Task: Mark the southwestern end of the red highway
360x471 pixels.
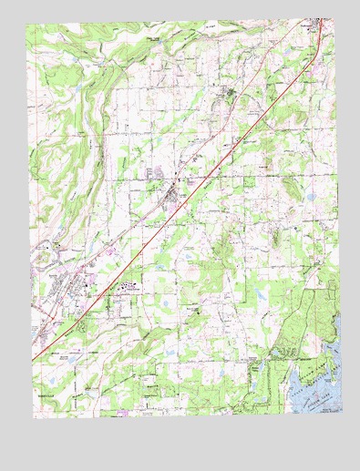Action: tap(35, 361)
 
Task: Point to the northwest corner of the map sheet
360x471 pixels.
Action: tap(27, 24)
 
